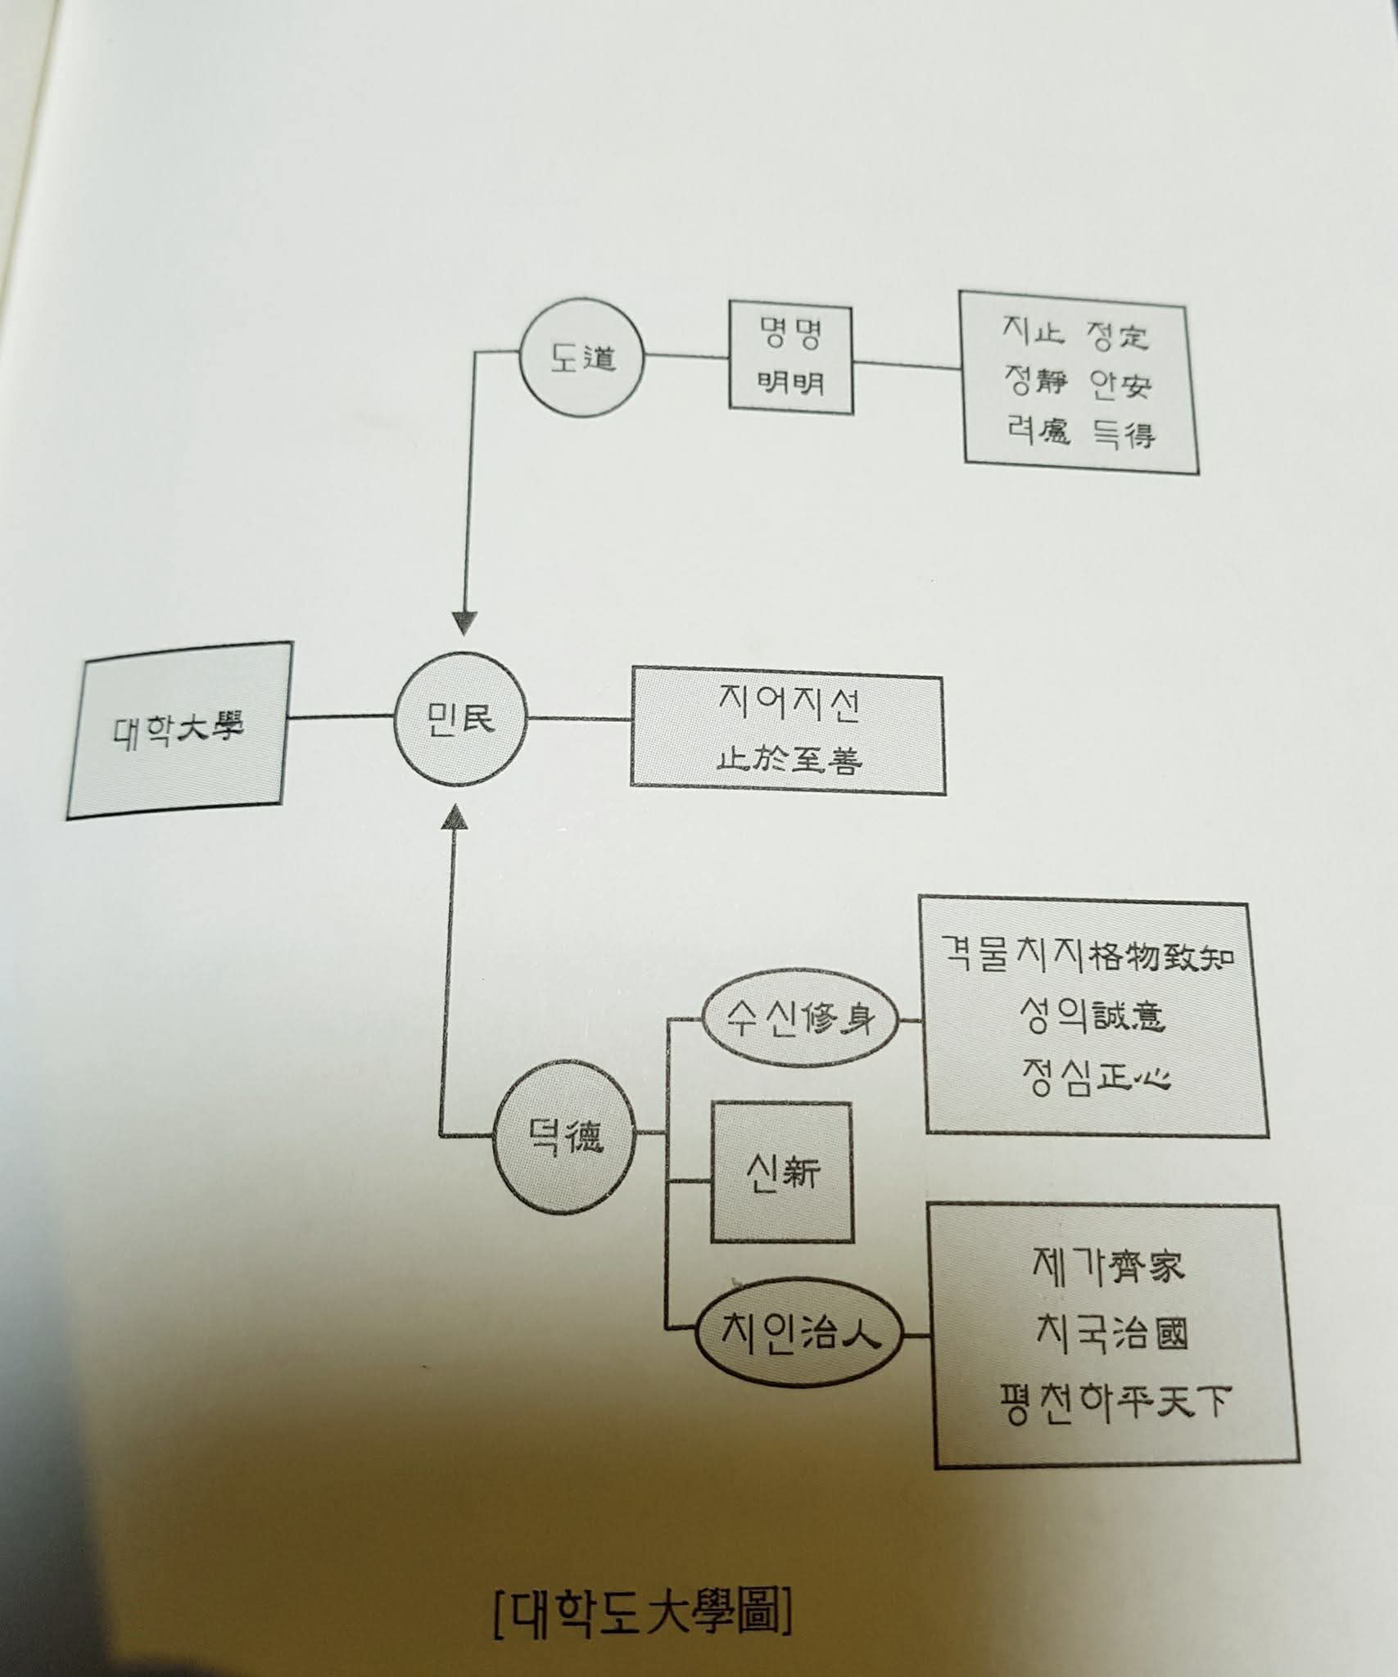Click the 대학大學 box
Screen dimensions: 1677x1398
click(x=179, y=729)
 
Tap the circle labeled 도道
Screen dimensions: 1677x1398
click(x=582, y=358)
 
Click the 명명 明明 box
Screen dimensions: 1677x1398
click(x=790, y=358)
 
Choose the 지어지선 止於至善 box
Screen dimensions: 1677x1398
click(x=788, y=735)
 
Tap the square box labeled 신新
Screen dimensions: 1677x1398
click(x=782, y=1173)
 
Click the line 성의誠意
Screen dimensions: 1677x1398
click(x=1093, y=1016)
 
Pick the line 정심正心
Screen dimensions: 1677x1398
click(x=1096, y=1075)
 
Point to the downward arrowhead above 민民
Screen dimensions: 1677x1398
click(x=464, y=623)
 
